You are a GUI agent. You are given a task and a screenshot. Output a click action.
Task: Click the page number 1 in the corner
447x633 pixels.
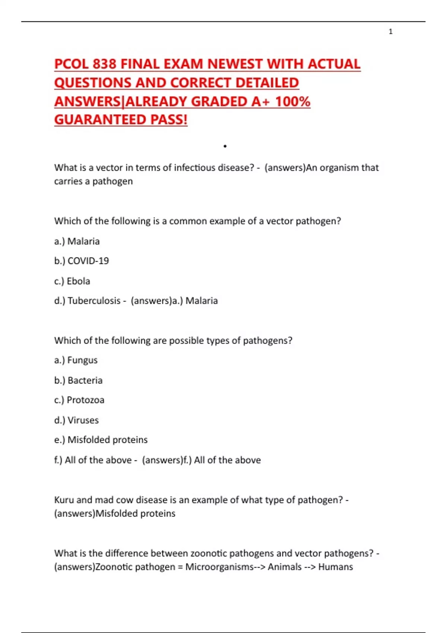coord(390,32)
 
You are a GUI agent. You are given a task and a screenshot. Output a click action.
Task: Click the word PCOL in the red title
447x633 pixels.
coord(72,64)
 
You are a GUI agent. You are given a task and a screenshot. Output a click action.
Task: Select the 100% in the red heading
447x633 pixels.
coord(292,102)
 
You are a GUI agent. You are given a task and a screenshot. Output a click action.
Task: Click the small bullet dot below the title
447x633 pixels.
coord(225,146)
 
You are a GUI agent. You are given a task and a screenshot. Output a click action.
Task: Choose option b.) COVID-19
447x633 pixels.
coord(82,261)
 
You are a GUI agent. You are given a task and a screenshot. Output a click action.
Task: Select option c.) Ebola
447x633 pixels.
coord(72,281)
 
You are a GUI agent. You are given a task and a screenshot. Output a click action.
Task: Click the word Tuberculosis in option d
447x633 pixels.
coord(94,301)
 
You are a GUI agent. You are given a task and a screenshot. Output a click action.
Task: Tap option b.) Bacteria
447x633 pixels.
coord(78,381)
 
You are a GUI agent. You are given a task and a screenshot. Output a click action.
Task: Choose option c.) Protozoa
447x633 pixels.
coord(79,400)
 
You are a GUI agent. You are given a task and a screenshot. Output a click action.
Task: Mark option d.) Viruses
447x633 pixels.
coord(76,420)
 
